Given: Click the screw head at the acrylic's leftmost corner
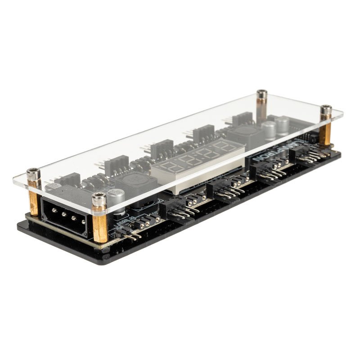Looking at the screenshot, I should click(33, 173).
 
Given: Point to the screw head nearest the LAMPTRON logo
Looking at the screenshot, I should click(326, 110).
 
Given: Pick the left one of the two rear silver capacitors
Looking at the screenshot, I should click(269, 130).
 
